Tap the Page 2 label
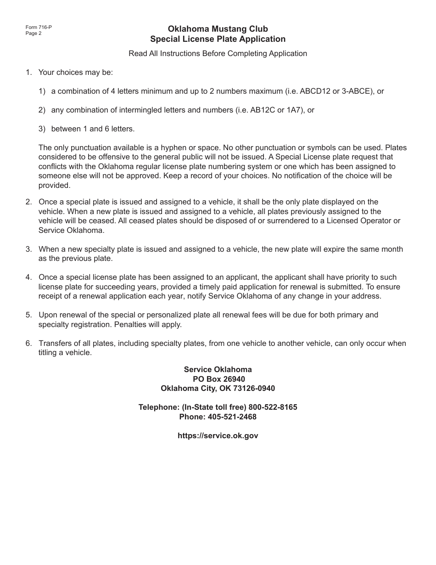pos(34,33)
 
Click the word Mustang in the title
pos(219,29)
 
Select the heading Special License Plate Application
pos(218,39)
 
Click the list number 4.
pos(28,277)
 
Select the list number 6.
pos(28,343)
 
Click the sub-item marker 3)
pos(42,129)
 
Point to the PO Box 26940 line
pos(218,379)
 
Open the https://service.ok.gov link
pos(218,435)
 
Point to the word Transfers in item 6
pos(55,343)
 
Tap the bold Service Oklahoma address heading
pos(218,369)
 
